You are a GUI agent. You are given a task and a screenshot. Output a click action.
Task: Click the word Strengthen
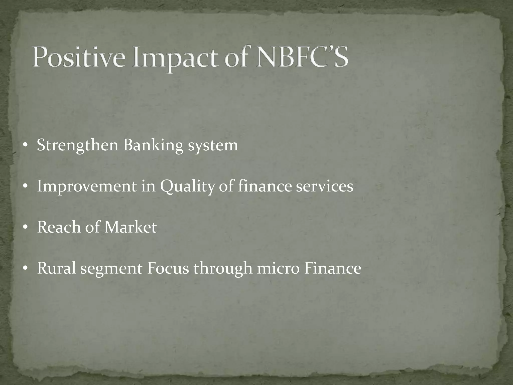pyautogui.click(x=78, y=145)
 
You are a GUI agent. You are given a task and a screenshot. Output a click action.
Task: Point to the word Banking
pyautogui.click(x=153, y=145)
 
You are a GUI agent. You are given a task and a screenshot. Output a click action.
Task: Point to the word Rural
pyautogui.click(x=56, y=268)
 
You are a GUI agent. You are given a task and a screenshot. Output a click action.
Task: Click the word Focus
pyautogui.click(x=168, y=268)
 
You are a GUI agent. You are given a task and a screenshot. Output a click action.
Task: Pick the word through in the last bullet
pyautogui.click(x=223, y=268)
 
